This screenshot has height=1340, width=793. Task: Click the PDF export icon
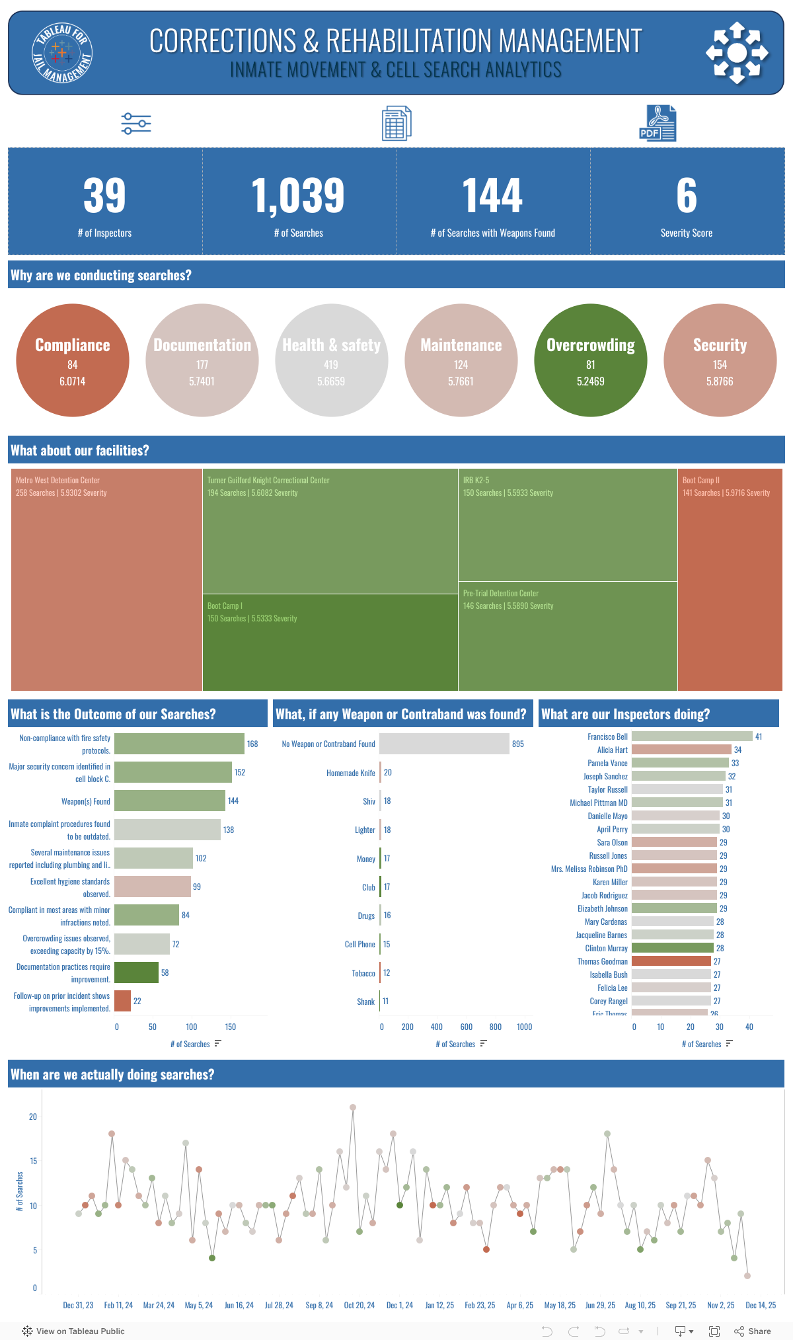click(x=658, y=123)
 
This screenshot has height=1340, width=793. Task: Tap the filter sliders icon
click(x=136, y=124)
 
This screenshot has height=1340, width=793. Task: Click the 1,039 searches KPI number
click(x=298, y=196)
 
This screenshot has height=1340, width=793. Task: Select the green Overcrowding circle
click(x=590, y=360)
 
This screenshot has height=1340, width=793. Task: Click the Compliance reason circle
click(x=73, y=360)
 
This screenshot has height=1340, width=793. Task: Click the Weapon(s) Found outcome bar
click(x=169, y=801)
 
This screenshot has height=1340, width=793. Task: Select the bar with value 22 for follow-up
click(x=122, y=1001)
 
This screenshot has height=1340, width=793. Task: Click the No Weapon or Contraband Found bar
click(x=444, y=744)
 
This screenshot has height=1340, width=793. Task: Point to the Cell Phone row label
click(x=359, y=944)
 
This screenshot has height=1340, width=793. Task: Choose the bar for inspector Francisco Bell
click(x=691, y=736)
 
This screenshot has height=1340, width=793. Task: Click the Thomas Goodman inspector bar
click(x=671, y=961)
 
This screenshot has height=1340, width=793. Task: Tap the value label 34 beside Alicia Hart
click(x=737, y=750)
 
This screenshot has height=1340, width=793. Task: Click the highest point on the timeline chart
click(x=353, y=1107)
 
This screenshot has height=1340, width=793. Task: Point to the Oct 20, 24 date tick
click(x=359, y=1305)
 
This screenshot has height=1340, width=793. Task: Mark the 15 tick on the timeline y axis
click(x=33, y=1161)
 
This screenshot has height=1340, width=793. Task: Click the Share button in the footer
click(x=753, y=1331)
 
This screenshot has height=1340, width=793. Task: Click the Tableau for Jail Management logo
click(x=62, y=53)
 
